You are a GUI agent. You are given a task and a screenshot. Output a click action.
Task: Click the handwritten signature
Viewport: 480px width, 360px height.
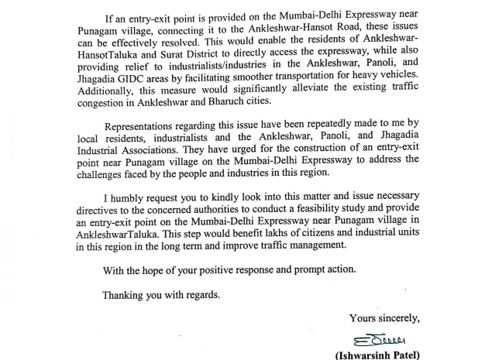379,341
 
